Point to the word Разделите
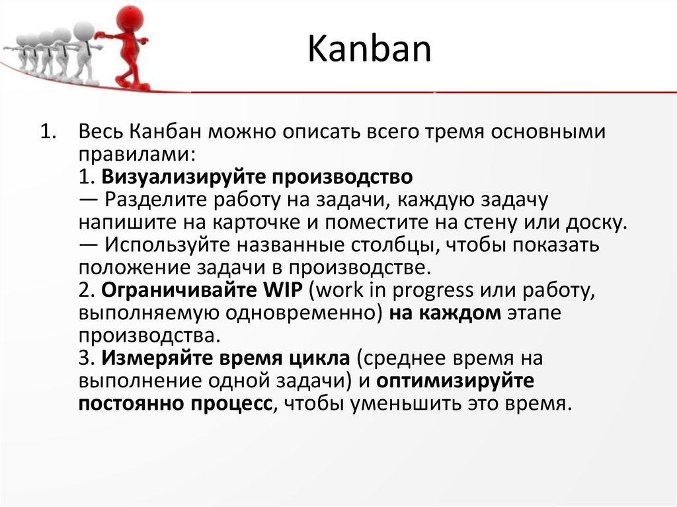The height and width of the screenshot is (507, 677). [x=152, y=200]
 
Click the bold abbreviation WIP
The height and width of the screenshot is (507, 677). [x=281, y=290]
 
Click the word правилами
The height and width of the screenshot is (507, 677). [x=136, y=155]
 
